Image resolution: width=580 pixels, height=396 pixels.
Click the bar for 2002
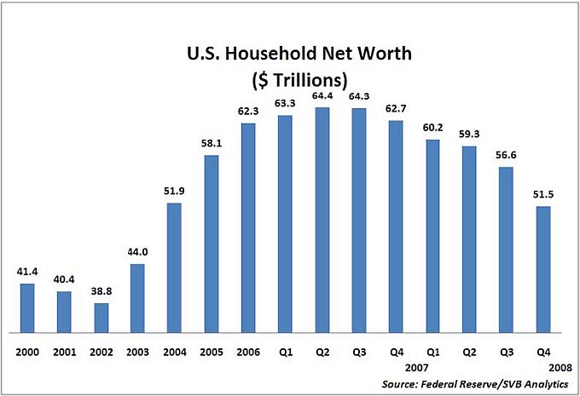pos(101,317)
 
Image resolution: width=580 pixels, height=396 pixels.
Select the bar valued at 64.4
pos(322,220)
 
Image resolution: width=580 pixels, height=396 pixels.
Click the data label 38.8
pos(101,291)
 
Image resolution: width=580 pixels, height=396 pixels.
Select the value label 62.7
pos(396,108)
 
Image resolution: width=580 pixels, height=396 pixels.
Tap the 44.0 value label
pos(138,252)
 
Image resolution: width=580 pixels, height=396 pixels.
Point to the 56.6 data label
pos(506,155)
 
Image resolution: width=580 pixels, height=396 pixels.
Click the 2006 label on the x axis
pos(248,349)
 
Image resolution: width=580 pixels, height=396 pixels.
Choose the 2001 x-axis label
pos(65,349)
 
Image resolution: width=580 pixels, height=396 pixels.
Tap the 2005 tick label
pos(212,349)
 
